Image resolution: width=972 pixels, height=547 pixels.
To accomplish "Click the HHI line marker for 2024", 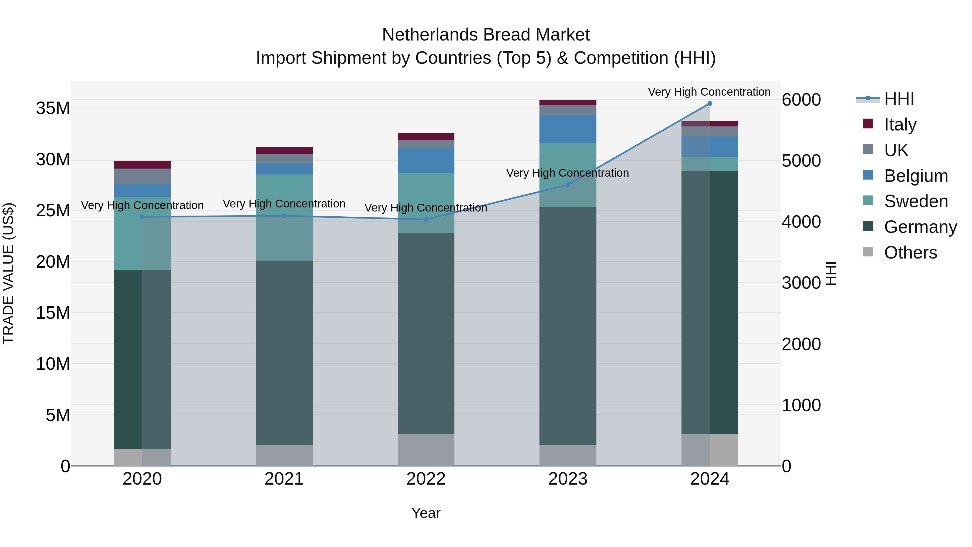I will (x=709, y=103).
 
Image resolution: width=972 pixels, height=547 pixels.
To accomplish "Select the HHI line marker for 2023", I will (x=568, y=185).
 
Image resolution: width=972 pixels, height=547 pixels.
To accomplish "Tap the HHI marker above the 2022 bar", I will (x=426, y=219).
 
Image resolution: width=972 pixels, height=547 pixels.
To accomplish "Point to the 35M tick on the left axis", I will (x=53, y=108).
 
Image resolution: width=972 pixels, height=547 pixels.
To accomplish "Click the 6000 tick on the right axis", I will (x=801, y=100).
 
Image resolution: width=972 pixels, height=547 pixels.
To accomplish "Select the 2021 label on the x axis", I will (x=284, y=479).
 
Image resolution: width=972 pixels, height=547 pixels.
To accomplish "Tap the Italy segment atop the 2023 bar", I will (x=568, y=103).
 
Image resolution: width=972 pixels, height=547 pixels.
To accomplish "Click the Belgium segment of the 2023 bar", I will (x=568, y=129).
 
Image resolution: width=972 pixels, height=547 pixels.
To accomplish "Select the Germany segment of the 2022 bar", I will (x=426, y=334).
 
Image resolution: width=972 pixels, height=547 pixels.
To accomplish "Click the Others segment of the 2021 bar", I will (x=284, y=455).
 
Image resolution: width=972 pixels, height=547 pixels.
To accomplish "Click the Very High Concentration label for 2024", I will (x=709, y=92).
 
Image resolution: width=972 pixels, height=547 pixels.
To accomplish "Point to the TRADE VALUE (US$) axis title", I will (x=8, y=273).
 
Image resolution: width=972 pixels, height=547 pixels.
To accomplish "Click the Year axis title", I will (x=426, y=513).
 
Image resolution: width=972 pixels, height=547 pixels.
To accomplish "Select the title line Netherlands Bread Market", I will (x=486, y=35).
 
